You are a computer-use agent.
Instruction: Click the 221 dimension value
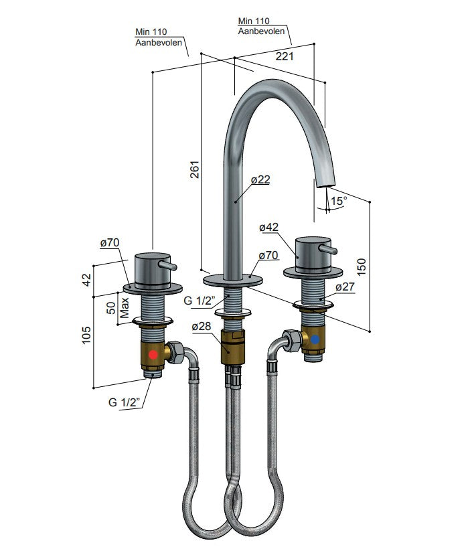click(285, 57)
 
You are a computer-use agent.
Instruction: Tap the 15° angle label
click(338, 201)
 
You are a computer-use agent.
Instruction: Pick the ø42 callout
click(268, 228)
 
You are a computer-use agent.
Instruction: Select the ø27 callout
click(345, 287)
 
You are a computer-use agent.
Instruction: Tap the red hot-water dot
click(154, 355)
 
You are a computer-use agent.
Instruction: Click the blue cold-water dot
click(315, 339)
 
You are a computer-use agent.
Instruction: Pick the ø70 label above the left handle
click(110, 242)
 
